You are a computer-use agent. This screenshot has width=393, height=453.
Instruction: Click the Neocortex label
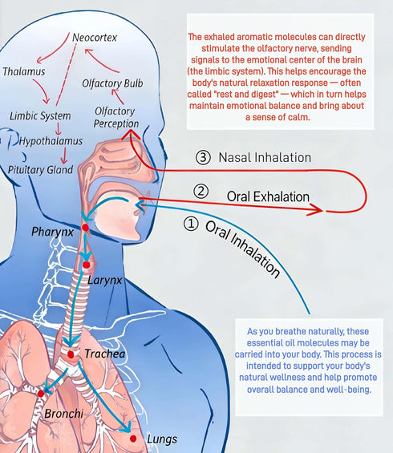(95, 38)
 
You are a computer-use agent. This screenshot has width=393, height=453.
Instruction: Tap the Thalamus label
(24, 71)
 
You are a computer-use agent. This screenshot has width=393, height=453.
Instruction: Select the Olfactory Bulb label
(112, 83)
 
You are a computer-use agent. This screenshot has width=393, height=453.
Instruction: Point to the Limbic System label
(40, 115)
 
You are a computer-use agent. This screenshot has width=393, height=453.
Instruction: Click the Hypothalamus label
(51, 141)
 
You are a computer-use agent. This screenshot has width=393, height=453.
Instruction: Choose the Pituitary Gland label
(40, 170)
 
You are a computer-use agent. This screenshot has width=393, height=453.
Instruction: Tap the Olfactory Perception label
(115, 117)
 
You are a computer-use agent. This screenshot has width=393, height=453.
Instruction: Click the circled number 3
(203, 157)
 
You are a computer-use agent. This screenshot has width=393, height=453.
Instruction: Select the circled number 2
(201, 192)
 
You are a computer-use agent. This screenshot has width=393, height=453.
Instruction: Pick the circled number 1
(191, 224)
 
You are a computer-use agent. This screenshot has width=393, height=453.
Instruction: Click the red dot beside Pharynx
(85, 228)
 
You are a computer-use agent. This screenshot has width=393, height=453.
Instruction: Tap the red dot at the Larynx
(86, 265)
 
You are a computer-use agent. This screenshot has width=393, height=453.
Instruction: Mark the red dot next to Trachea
(71, 354)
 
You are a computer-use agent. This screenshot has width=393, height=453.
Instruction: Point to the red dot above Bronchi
(41, 394)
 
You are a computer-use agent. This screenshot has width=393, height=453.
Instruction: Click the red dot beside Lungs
(133, 439)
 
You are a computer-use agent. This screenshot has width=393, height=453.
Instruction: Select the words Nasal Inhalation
(265, 157)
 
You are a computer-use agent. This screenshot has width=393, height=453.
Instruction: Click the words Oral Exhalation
(268, 196)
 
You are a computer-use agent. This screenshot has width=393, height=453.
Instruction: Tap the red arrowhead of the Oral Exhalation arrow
(317, 209)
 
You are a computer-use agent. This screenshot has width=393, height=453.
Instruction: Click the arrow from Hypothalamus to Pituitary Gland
(64, 156)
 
